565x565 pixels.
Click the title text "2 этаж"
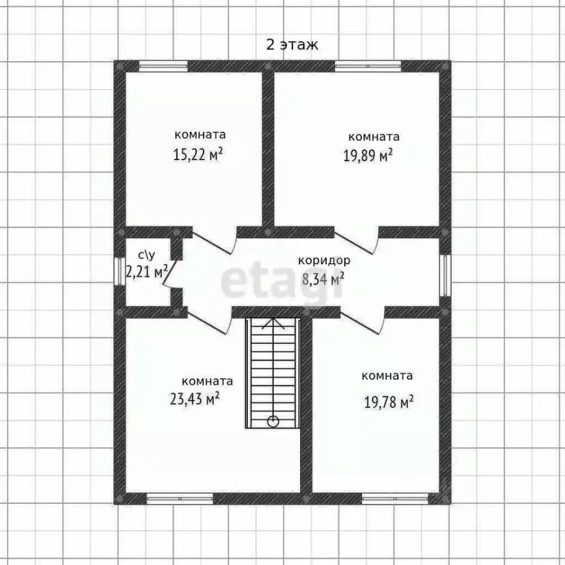(292, 45)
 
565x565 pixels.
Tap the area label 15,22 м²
(198, 154)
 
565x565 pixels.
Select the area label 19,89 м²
(368, 156)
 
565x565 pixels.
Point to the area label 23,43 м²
(195, 399)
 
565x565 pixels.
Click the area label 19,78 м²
(388, 402)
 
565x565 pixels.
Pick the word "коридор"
(324, 260)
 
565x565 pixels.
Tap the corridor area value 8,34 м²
(323, 279)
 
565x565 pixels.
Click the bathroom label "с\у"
(146, 255)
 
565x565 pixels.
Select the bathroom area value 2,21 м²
(146, 271)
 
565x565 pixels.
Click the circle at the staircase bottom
(273, 421)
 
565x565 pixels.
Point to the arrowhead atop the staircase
(273, 323)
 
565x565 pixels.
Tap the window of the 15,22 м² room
(163, 66)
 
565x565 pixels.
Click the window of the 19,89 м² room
(368, 66)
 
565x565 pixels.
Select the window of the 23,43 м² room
(180, 498)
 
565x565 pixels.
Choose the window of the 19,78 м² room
(395, 498)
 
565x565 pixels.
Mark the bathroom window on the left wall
(119, 271)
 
